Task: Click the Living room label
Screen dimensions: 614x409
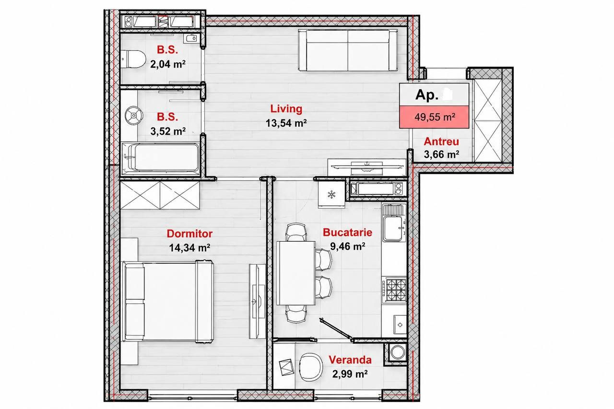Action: point(286,109)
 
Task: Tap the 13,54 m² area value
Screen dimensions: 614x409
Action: point(286,123)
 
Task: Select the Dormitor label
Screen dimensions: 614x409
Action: point(189,234)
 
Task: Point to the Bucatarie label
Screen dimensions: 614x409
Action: point(347,232)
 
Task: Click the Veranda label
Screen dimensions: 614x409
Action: point(350,360)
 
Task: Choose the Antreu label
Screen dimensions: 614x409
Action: point(441,141)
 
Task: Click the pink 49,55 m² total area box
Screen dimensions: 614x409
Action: point(434,117)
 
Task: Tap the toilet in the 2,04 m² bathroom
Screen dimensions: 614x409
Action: point(133,59)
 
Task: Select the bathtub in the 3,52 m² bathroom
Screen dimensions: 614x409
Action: point(161,158)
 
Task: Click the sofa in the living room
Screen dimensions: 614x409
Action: point(348,51)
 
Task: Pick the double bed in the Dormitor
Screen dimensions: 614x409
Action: point(168,302)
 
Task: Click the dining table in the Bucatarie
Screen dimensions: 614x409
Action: point(296,273)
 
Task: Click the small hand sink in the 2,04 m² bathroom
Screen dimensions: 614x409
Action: point(191,38)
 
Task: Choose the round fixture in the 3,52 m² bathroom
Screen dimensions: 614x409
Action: point(134,116)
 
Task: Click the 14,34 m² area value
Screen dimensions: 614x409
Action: point(189,248)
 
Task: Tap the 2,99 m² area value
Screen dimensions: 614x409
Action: point(350,374)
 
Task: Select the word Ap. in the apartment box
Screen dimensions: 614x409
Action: point(427,95)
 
